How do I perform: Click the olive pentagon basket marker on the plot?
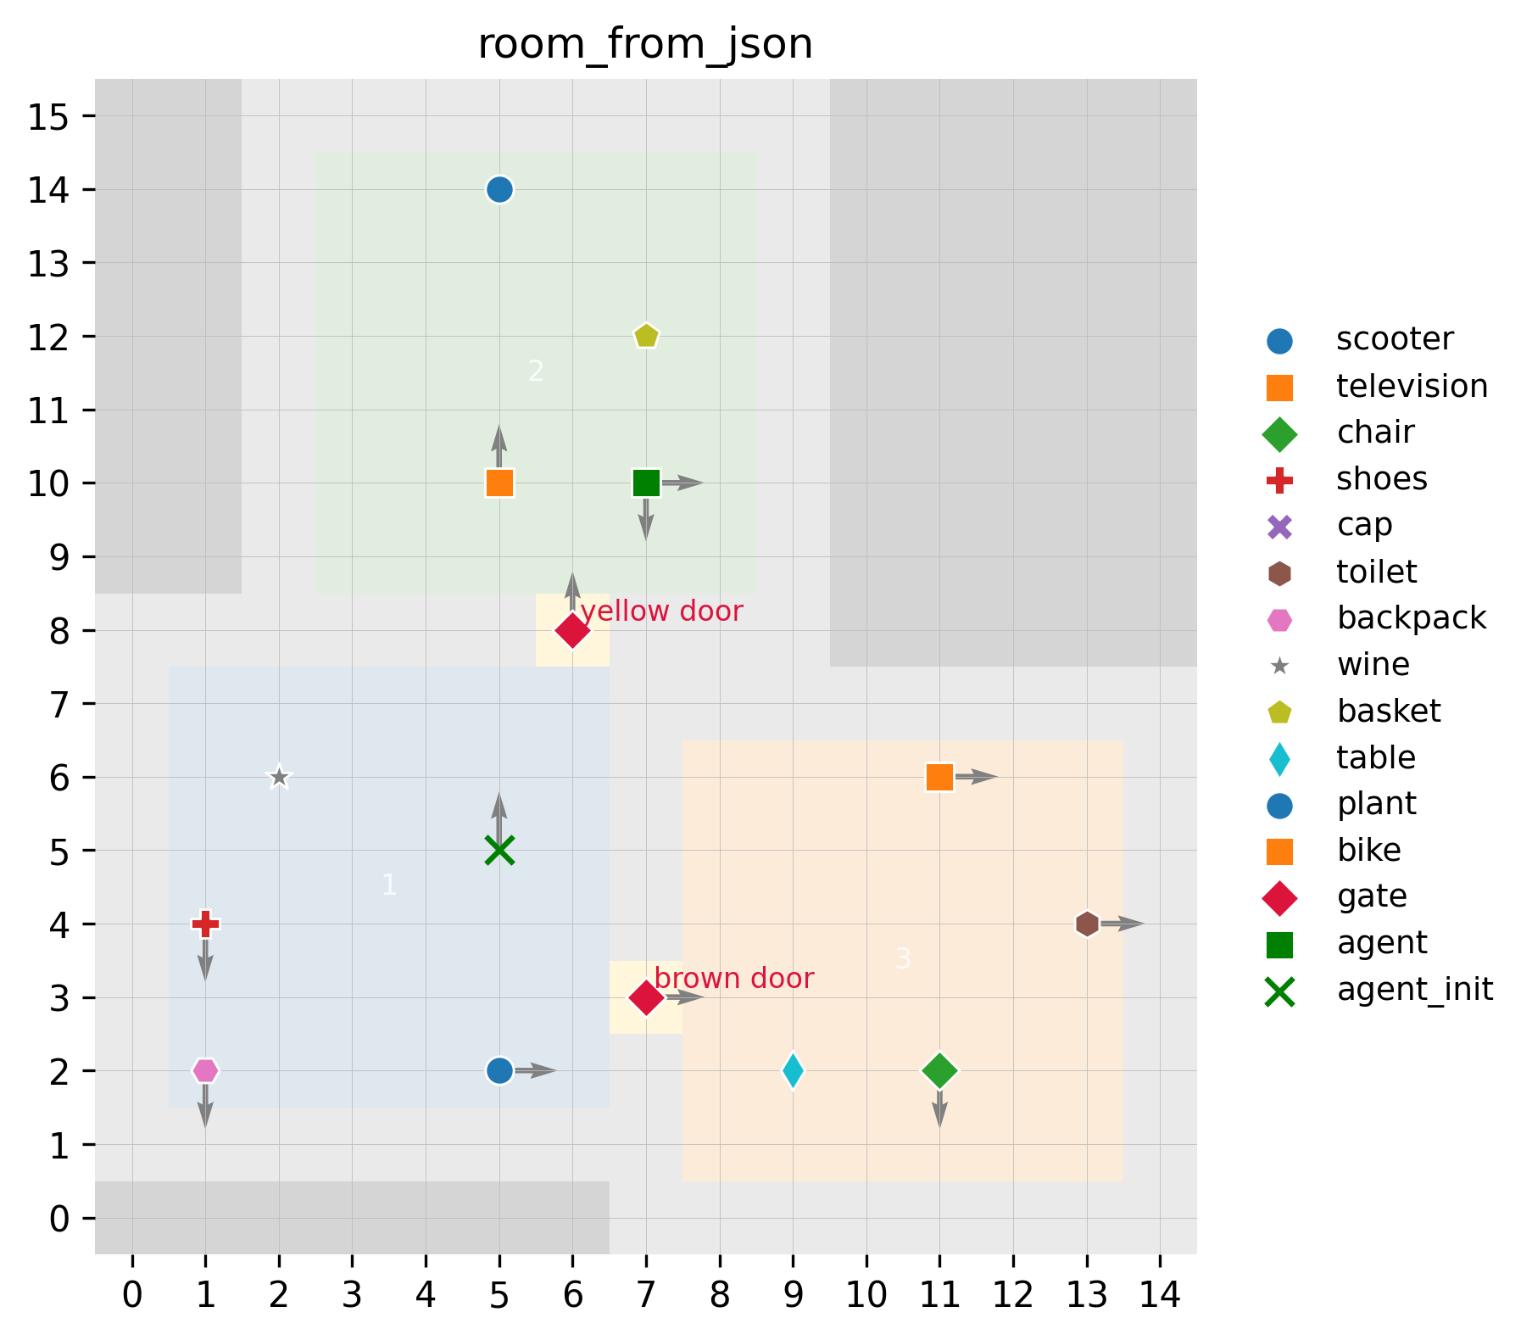coord(646,336)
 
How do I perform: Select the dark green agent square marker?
coord(646,483)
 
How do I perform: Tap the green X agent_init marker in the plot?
coord(499,851)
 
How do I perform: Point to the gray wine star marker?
coord(279,777)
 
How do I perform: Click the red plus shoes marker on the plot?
coord(205,924)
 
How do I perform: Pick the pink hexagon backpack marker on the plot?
coord(205,1071)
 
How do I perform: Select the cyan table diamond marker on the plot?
coord(793,1071)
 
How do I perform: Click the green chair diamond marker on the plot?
coord(939,1071)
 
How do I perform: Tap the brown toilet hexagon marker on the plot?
coord(1087,924)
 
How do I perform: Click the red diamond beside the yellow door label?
coord(572,630)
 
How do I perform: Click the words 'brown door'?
coord(734,979)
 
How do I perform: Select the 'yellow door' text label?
coord(661,611)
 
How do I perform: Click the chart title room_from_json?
coord(645,44)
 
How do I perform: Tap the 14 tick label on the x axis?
coord(1160,1296)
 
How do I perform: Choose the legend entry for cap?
coord(1364,526)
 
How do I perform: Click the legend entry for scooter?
coord(1395,339)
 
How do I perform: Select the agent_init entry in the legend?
coord(1414,990)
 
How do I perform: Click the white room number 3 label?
coord(903,959)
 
